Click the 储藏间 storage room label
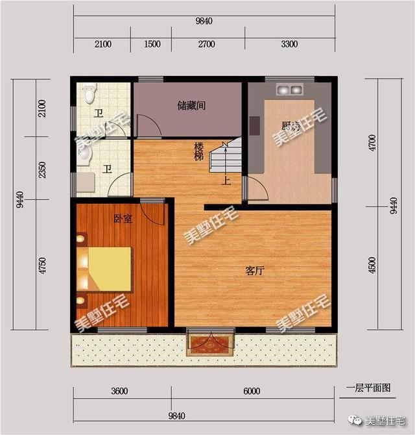point(191,105)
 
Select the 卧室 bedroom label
point(124,219)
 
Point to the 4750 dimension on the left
point(43,266)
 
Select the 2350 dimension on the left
point(43,172)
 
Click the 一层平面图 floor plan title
point(368,388)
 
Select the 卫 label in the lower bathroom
point(108,170)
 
